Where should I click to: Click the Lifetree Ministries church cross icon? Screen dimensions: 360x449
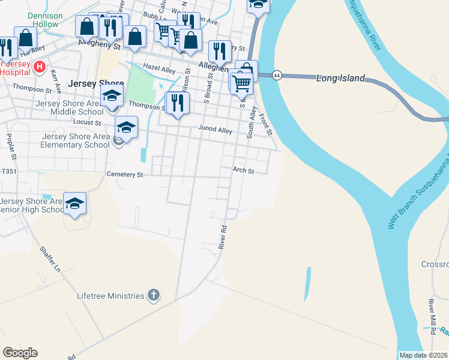coord(154,295)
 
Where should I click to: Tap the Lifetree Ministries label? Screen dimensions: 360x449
coord(110,296)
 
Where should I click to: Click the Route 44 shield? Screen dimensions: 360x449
coord(277,75)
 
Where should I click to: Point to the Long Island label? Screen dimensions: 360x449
coord(340,78)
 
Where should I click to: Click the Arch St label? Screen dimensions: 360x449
coord(244,171)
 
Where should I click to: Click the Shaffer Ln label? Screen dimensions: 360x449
coord(50,259)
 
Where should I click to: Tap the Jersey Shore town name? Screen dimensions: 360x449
coord(96,84)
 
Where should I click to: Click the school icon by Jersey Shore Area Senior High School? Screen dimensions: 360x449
coord(75,204)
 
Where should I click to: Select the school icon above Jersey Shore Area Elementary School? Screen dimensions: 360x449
coord(126,127)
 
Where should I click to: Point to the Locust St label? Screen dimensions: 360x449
coord(86,122)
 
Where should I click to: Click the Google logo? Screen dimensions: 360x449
coord(20,353)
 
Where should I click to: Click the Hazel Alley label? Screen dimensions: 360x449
coord(158,68)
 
